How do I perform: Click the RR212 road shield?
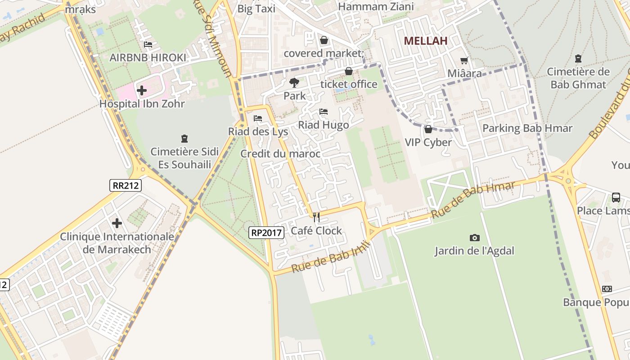pyautogui.click(x=125, y=185)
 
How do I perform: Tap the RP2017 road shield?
pyautogui.click(x=266, y=233)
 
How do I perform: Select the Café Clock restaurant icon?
pyautogui.click(x=316, y=217)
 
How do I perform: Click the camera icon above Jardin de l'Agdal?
pyautogui.click(x=474, y=238)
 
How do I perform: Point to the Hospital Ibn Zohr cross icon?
pyautogui.click(x=142, y=90)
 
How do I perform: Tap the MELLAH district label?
pyautogui.click(x=425, y=40)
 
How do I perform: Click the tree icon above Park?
pyautogui.click(x=294, y=82)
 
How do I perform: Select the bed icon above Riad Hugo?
pyautogui.click(x=323, y=112)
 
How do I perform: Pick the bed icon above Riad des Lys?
pyautogui.click(x=258, y=118)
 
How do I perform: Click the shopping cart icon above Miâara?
pyautogui.click(x=464, y=60)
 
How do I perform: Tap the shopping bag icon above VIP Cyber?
pyautogui.click(x=428, y=130)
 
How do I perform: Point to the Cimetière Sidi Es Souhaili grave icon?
pyautogui.click(x=184, y=138)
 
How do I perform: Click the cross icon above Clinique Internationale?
pyautogui.click(x=117, y=223)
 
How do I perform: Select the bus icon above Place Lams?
pyautogui.click(x=616, y=197)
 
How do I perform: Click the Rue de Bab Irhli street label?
pyautogui.click(x=331, y=257)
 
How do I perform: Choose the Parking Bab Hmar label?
pyautogui.click(x=527, y=128)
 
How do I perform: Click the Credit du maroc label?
pyautogui.click(x=280, y=154)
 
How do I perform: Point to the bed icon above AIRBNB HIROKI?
pyautogui.click(x=148, y=44)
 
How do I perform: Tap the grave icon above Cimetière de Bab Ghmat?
pyautogui.click(x=578, y=58)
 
